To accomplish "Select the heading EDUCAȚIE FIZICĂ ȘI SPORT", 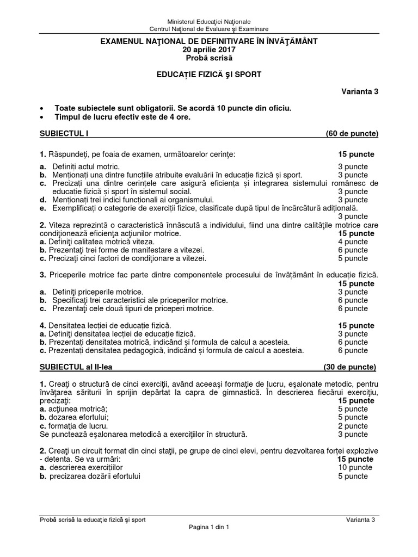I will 209,75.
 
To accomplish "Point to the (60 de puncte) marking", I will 352,133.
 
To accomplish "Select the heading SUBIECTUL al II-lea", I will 75,367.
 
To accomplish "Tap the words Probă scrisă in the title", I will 209,58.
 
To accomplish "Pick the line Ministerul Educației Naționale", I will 209,21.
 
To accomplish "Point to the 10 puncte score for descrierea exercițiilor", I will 353,467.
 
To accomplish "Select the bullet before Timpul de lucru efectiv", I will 42,117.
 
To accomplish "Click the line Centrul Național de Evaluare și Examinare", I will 209,29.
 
